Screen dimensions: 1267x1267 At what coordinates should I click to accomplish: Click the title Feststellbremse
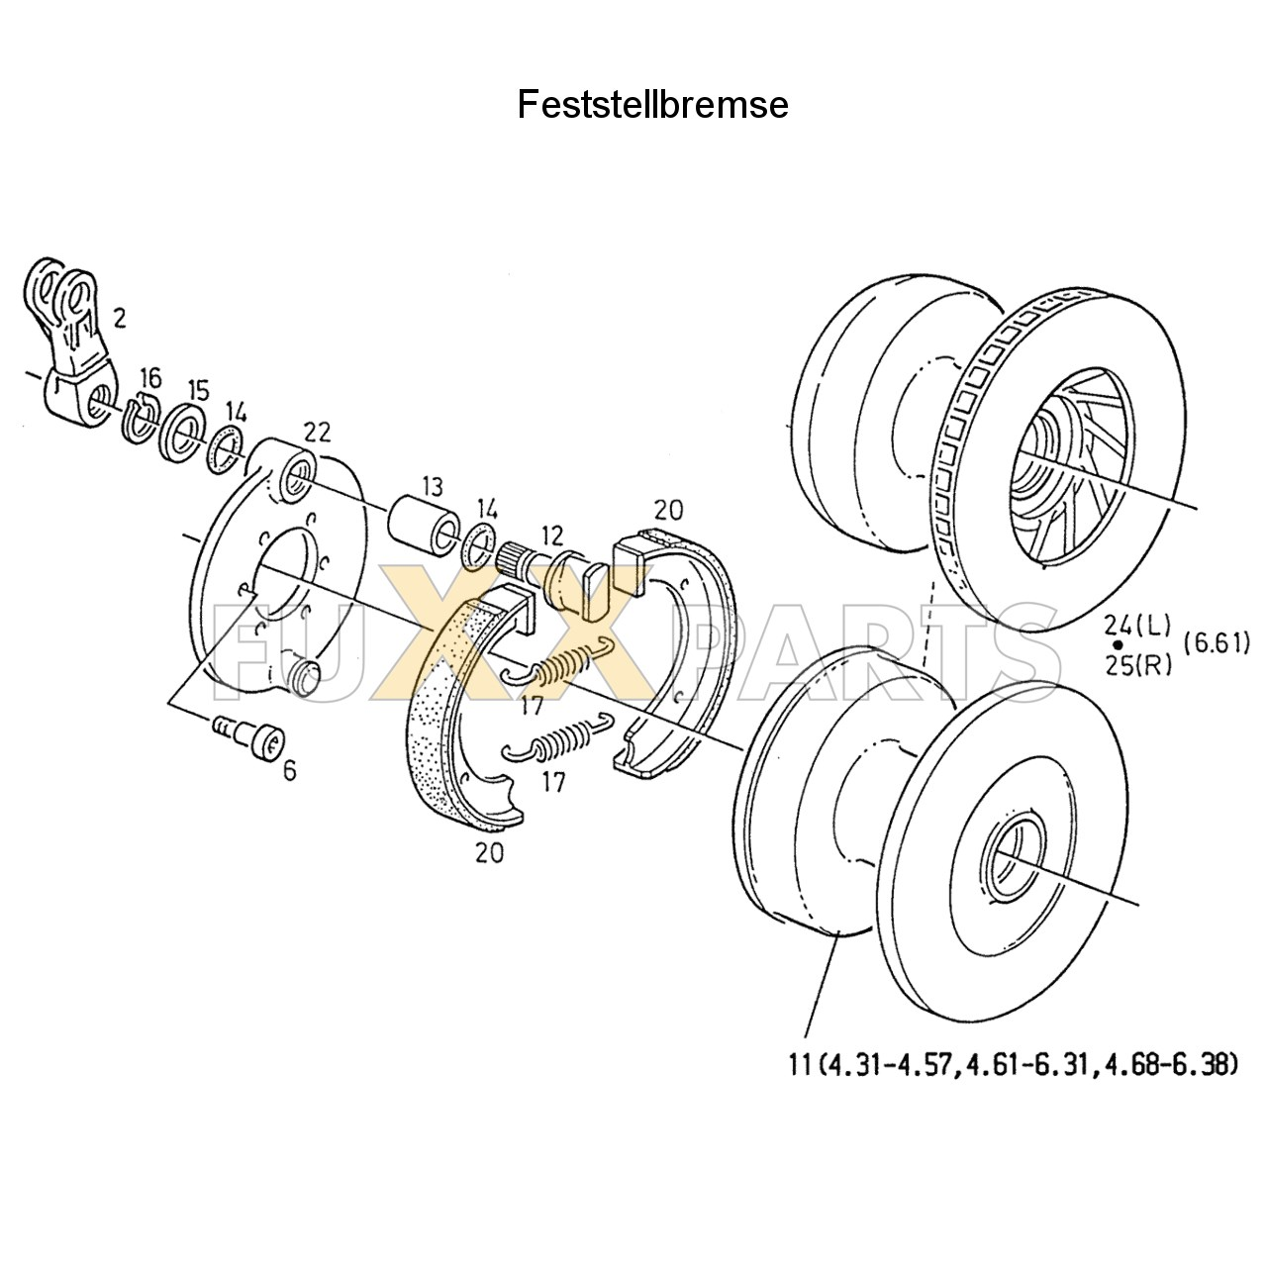pos(652,105)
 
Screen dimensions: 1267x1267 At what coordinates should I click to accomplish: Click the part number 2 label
pos(119,318)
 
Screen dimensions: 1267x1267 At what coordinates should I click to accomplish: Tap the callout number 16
pos(149,377)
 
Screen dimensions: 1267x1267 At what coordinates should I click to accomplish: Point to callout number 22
pos(317,432)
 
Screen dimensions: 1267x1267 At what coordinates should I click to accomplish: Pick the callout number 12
pos(551,536)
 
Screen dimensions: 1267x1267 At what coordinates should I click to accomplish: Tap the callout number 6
pos(289,769)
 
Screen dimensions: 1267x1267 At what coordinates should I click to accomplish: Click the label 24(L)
pos(1137,625)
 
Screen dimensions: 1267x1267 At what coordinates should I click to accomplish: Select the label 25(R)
pos(1137,664)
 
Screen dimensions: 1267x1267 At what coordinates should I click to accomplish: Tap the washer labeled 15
pos(185,434)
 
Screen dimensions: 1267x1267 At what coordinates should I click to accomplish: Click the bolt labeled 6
pos(250,738)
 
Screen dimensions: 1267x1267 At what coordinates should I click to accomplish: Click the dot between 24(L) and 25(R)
pos(1119,644)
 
